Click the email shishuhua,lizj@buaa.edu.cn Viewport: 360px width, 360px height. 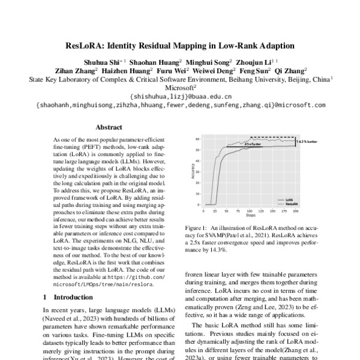tap(180, 96)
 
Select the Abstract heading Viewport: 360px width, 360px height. tap(109, 127)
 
